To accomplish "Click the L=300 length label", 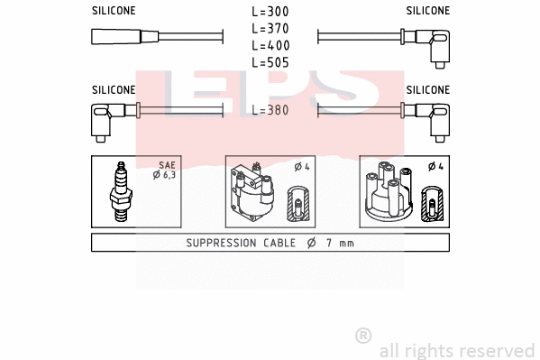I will coord(270,13).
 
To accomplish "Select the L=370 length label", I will coord(270,29).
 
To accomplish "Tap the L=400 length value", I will coord(270,45).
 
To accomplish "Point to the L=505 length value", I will coord(270,62).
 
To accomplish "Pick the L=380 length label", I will coord(270,110).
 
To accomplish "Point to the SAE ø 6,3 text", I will coord(167,171).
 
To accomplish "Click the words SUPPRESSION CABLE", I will coord(235,244).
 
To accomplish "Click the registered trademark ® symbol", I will coord(362,336).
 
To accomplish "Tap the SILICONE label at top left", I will coord(114,11).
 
